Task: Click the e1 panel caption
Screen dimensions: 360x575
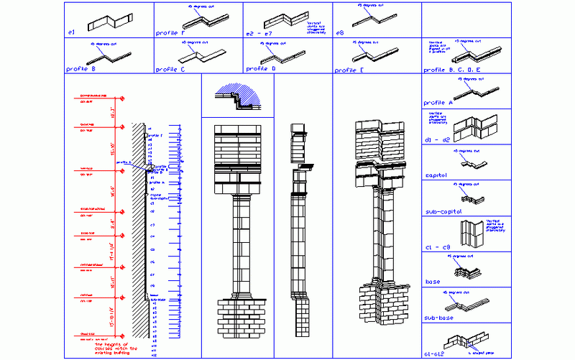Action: pos(71,33)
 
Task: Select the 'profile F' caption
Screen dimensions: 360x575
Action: pos(171,33)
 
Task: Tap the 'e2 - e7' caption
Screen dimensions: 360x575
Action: pos(259,33)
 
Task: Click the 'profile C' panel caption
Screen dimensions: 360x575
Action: pos(171,70)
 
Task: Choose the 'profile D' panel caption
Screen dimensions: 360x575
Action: pos(261,70)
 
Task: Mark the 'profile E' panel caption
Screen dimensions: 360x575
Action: pos(350,70)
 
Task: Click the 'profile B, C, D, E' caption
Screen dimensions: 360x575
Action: pos(452,70)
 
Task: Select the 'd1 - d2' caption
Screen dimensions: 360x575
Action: pos(437,139)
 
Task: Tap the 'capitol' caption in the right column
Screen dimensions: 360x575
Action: pos(437,175)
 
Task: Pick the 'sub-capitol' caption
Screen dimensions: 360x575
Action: pos(443,213)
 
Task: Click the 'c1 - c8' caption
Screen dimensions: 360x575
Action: pos(437,248)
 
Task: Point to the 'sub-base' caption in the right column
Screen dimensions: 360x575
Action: pos(439,318)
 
